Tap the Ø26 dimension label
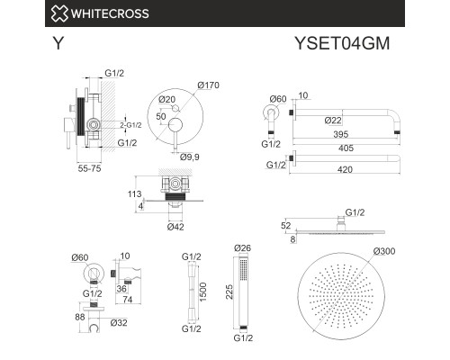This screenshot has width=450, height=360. coord(242,249)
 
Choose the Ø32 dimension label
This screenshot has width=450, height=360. coord(117,321)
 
